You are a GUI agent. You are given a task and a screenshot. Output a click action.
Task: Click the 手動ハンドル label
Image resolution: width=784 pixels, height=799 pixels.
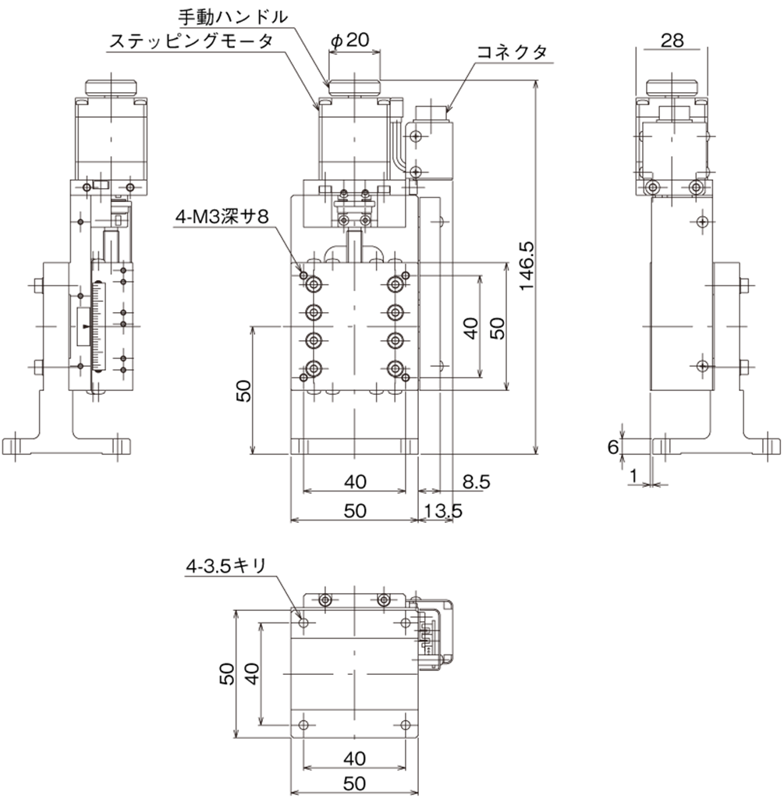tap(232, 17)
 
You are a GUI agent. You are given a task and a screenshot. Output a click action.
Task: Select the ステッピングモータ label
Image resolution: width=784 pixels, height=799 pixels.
tap(192, 41)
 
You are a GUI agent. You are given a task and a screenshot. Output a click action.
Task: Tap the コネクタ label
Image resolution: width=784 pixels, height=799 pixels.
tap(512, 51)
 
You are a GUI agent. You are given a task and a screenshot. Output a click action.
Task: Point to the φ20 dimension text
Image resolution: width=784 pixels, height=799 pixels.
tap(350, 40)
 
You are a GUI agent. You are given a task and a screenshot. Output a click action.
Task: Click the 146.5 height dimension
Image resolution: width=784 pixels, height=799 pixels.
tap(527, 266)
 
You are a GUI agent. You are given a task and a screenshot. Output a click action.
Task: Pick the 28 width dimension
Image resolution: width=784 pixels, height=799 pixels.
tap(672, 41)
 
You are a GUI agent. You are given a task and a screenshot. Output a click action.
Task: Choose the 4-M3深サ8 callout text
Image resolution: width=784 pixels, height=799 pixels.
tap(222, 217)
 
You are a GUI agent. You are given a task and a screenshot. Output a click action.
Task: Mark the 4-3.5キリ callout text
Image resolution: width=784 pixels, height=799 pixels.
tap(225, 566)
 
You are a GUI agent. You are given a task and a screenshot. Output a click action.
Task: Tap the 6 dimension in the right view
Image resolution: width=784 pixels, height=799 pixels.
tap(613, 447)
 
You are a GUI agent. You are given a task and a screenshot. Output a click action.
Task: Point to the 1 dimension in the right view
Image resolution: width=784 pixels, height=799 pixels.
tap(633, 476)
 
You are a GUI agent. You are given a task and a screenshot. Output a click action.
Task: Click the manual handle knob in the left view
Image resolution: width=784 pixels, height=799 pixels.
tap(112, 88)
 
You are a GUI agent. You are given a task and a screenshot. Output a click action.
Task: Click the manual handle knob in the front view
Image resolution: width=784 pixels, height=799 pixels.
tap(355, 88)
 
